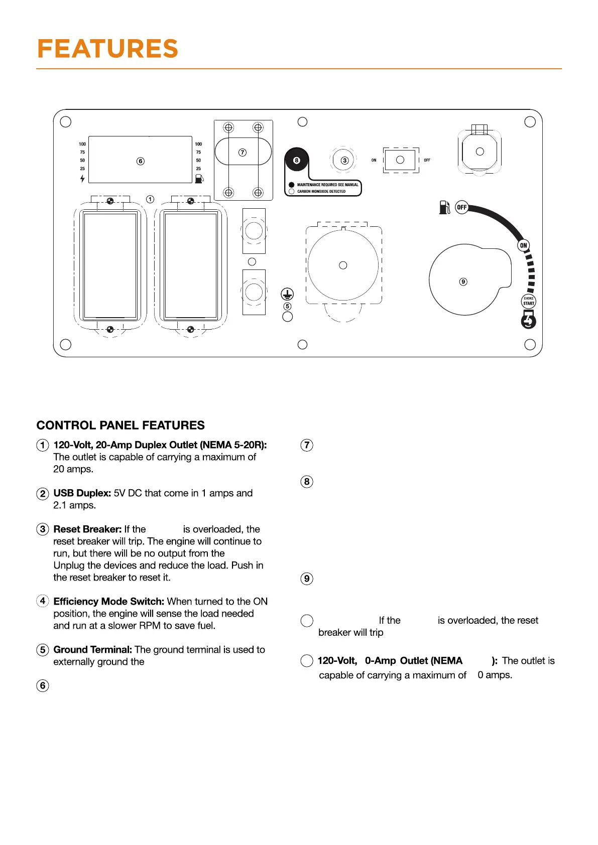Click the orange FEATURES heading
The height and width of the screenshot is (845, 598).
(x=107, y=49)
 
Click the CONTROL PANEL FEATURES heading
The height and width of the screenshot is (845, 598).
(x=121, y=426)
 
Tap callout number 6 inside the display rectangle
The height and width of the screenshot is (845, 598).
(x=141, y=161)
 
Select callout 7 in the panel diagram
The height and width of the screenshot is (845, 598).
(x=243, y=152)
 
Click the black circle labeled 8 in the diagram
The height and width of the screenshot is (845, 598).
(x=296, y=161)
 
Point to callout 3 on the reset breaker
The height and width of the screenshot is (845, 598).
(x=344, y=161)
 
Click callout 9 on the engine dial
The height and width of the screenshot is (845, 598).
(x=463, y=282)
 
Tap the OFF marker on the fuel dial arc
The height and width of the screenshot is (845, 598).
(x=461, y=207)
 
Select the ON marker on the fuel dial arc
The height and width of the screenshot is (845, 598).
(x=524, y=245)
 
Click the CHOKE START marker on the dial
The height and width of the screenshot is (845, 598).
(x=529, y=301)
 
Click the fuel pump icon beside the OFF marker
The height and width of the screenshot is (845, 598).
(x=444, y=207)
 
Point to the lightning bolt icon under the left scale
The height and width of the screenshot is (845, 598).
(x=82, y=179)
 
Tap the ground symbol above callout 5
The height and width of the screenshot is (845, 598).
(x=287, y=294)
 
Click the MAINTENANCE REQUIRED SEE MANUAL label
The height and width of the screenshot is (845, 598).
(x=327, y=185)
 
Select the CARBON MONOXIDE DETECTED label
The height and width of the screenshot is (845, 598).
(x=321, y=191)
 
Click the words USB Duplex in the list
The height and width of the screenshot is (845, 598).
(x=82, y=493)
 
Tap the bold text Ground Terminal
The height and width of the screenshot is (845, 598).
(x=93, y=650)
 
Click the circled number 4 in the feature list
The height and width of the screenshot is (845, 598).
(x=43, y=601)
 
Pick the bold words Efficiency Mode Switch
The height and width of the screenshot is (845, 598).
(x=109, y=602)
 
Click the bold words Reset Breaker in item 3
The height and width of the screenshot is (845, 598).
(x=87, y=529)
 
